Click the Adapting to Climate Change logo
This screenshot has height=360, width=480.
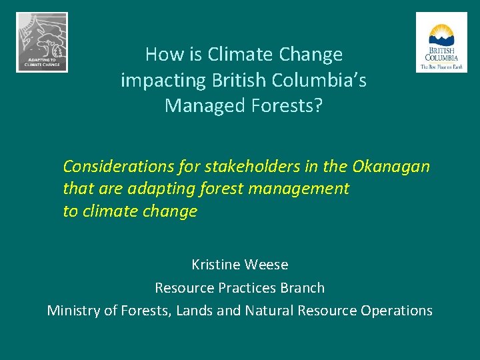point(42,42)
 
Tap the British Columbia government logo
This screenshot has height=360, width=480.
point(441,42)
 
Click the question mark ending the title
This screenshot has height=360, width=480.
point(317,105)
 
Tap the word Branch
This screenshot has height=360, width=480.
point(304,288)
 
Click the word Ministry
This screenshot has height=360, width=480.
point(74,311)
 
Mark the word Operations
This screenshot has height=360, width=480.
point(397,311)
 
